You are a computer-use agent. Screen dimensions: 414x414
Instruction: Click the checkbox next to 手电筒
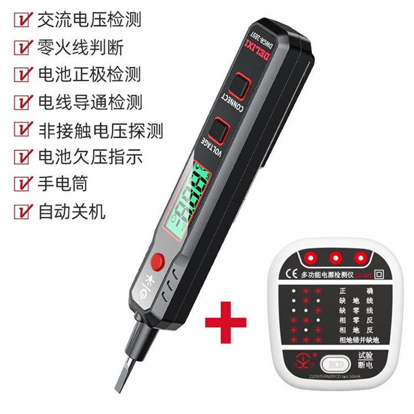click(x=23, y=183)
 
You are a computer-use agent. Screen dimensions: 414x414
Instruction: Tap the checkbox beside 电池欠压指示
click(x=23, y=156)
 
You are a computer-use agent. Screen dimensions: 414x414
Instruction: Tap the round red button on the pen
click(x=158, y=260)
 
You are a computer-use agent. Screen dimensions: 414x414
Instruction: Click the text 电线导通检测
click(x=88, y=102)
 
